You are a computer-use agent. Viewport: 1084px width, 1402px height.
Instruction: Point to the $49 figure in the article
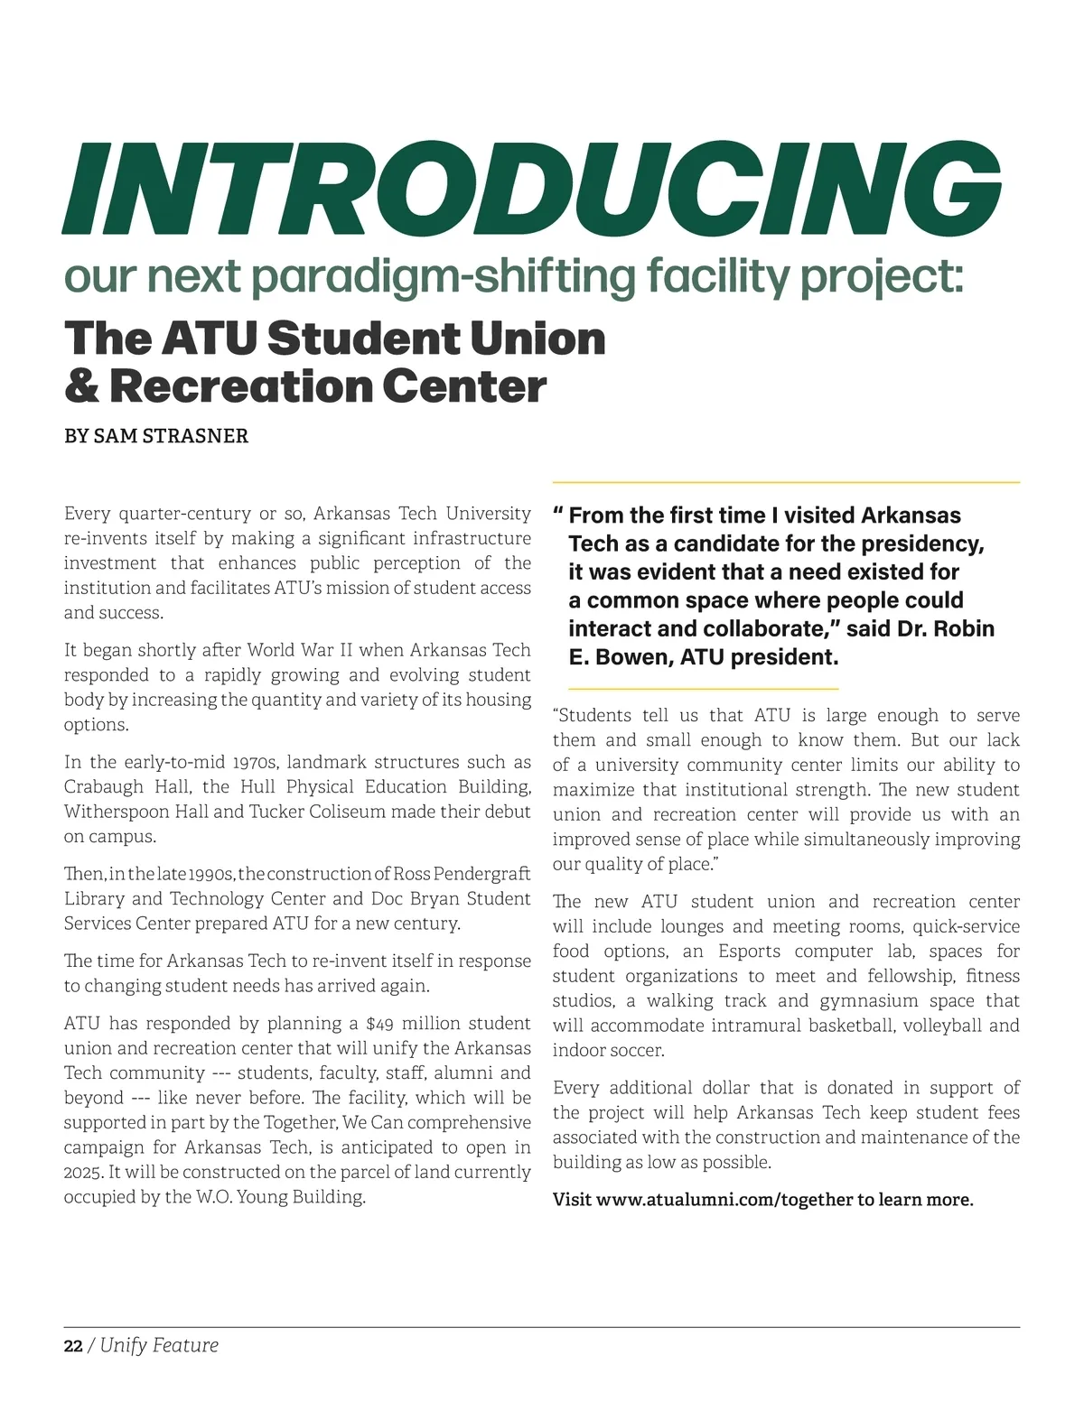(379, 1024)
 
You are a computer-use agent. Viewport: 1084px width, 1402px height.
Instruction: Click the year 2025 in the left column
(83, 1173)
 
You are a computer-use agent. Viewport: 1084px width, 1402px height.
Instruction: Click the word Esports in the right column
(749, 952)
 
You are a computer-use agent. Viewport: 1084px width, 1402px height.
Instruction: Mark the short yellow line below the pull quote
(696, 689)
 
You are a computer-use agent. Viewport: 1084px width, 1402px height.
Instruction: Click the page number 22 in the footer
(73, 1346)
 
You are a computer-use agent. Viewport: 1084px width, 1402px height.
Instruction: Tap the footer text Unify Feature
(159, 1346)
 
